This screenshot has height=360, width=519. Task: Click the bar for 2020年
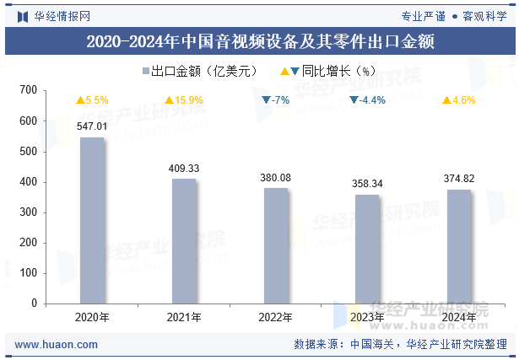pyautogui.click(x=92, y=220)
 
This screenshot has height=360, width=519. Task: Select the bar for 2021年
pyautogui.click(x=184, y=241)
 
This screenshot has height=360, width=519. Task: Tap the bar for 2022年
pyautogui.click(x=275, y=245)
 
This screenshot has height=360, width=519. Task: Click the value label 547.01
pyautogui.click(x=92, y=126)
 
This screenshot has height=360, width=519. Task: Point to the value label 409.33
pyautogui.click(x=184, y=169)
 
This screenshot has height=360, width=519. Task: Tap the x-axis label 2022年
pyautogui.click(x=275, y=318)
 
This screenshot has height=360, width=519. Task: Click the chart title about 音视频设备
pyautogui.click(x=260, y=42)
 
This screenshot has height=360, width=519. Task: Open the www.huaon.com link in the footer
pyautogui.click(x=57, y=345)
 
